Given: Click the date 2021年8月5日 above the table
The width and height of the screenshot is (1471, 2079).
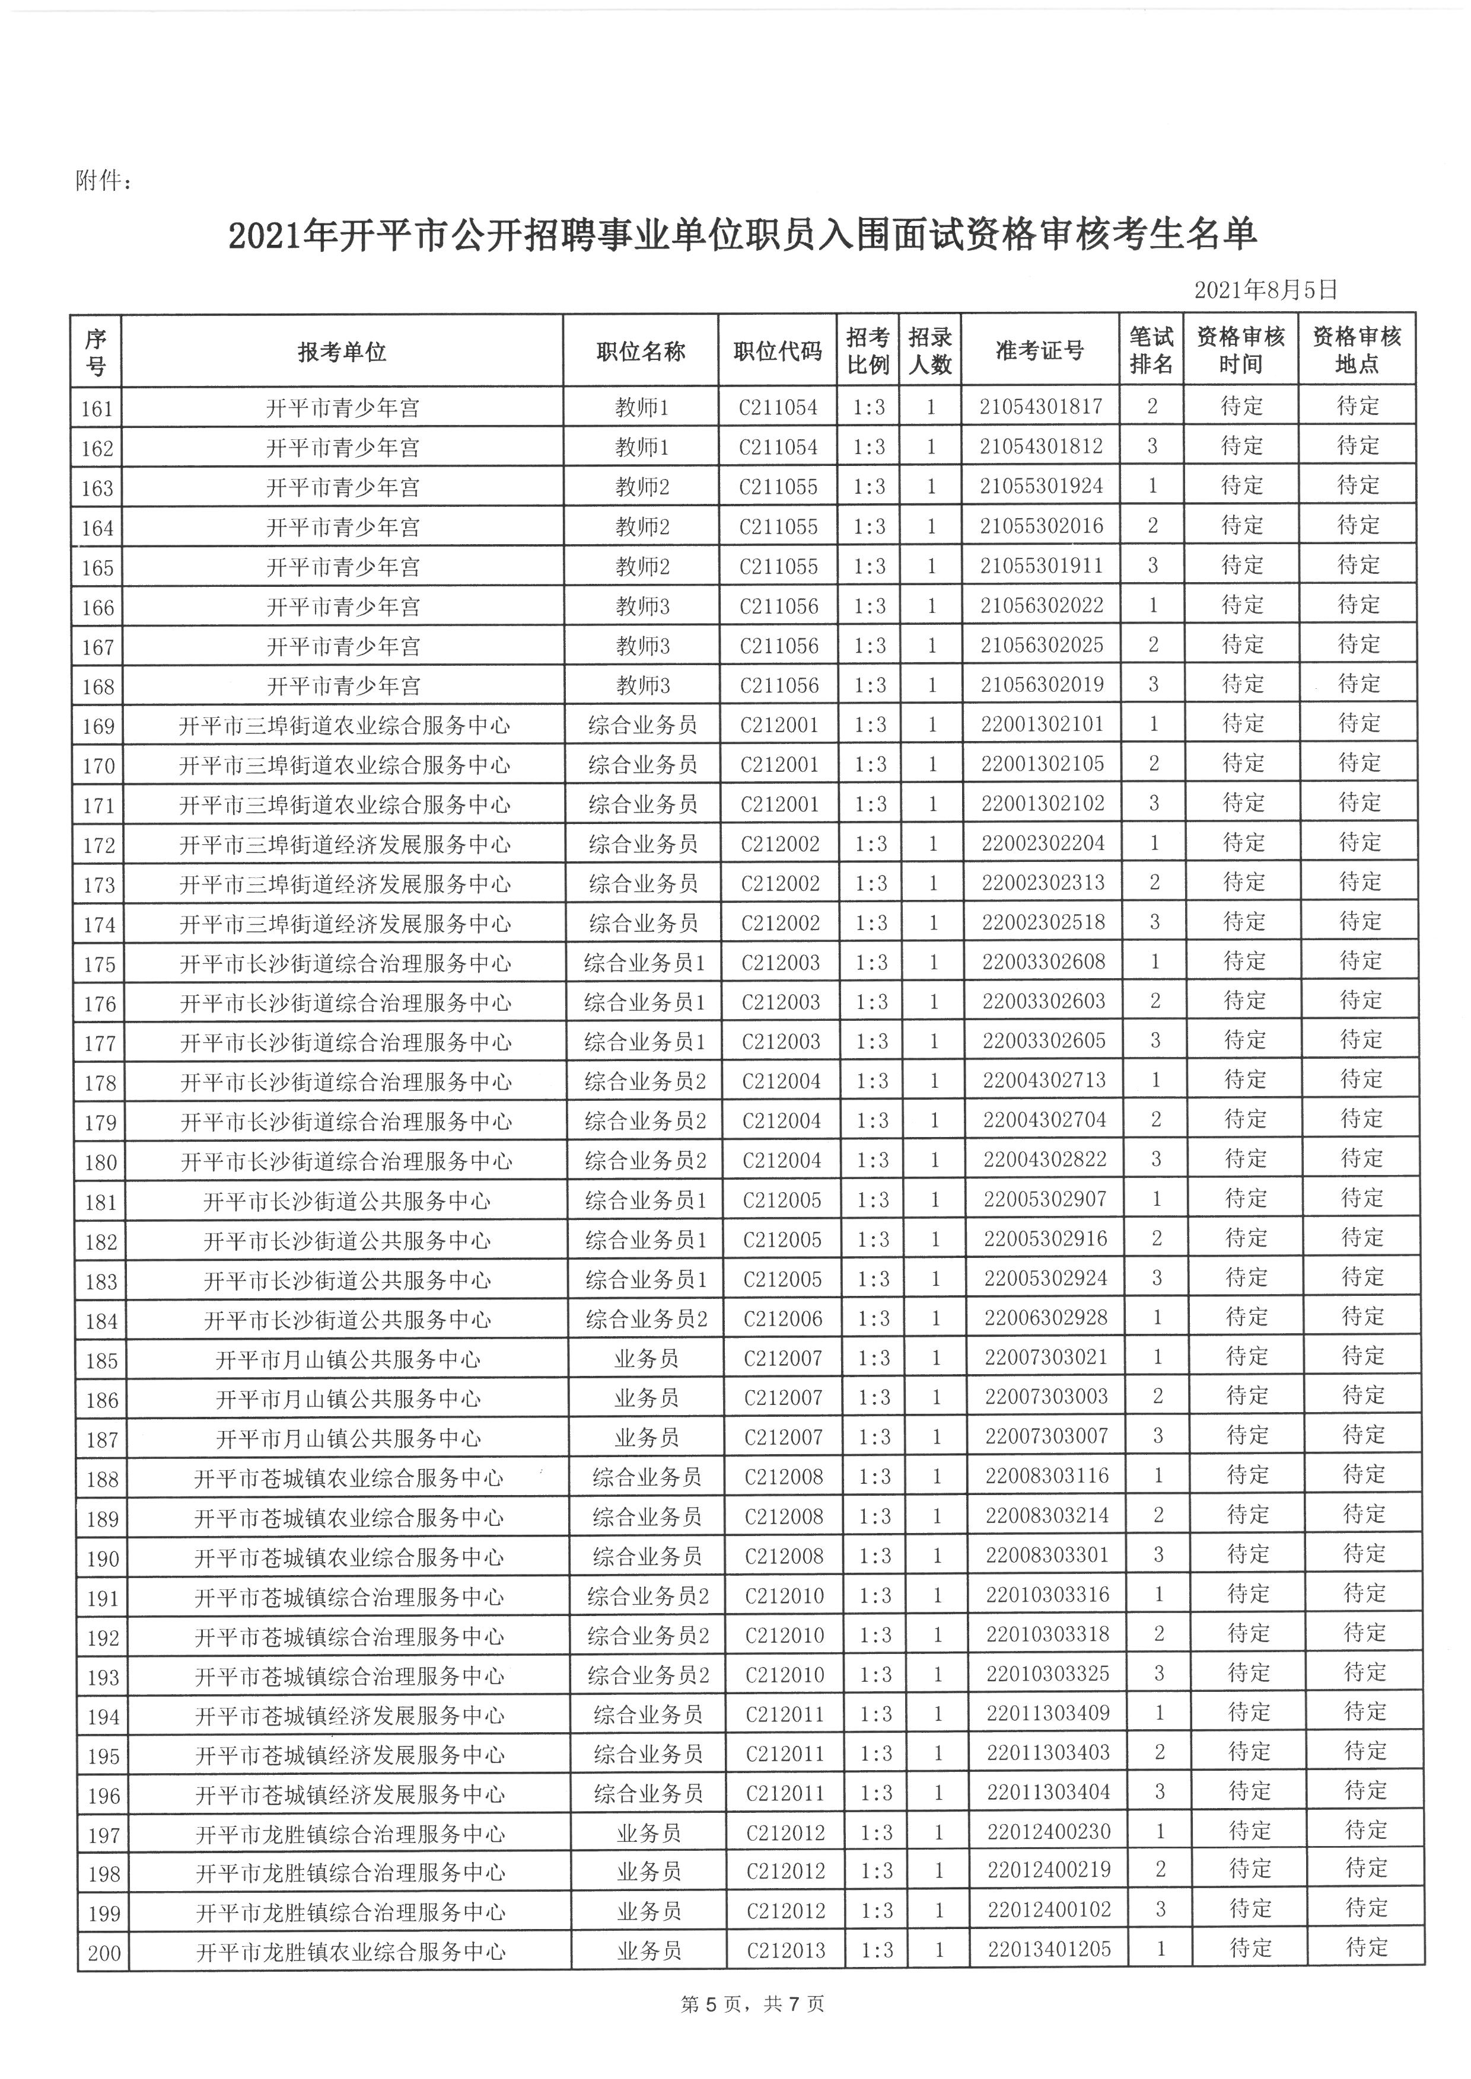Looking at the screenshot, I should pyautogui.click(x=1265, y=290).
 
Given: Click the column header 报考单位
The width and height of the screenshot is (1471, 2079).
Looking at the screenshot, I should pyautogui.click(x=342, y=352).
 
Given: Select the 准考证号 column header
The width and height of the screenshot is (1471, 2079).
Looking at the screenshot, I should pyautogui.click(x=1039, y=350).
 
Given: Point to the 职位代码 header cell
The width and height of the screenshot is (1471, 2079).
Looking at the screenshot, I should pyautogui.click(x=777, y=352).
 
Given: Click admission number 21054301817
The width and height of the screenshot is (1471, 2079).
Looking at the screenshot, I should pyautogui.click(x=1041, y=407).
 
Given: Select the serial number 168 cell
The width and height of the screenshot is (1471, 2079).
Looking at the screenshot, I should pyautogui.click(x=98, y=686).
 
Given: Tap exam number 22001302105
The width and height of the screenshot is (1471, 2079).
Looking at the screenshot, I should pyautogui.click(x=1043, y=764).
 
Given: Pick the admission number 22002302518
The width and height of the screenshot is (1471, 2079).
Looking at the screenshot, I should pyautogui.click(x=1043, y=922).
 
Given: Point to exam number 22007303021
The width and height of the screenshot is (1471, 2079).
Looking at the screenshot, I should pyautogui.click(x=1046, y=1358).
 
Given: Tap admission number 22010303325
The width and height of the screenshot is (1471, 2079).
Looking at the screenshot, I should pyautogui.click(x=1048, y=1674).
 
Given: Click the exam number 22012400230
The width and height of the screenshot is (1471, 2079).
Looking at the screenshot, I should pyautogui.click(x=1049, y=1832).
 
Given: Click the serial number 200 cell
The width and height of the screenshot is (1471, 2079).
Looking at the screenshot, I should pyautogui.click(x=104, y=1952).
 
